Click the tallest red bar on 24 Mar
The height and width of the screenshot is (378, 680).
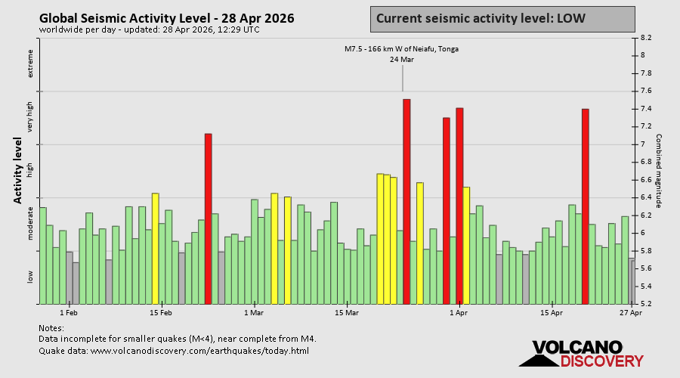[x=406, y=201]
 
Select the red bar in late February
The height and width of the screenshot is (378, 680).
[x=209, y=218]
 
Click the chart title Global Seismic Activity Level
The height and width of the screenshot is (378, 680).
[x=166, y=18]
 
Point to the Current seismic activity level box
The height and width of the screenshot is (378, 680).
[x=502, y=19]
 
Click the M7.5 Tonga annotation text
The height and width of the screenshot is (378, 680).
[x=401, y=49]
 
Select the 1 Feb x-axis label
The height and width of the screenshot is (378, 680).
[x=69, y=312]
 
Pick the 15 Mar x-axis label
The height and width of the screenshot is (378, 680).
[x=346, y=312]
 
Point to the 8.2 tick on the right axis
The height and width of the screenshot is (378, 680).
[x=647, y=37]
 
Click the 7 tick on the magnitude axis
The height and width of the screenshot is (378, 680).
[x=643, y=144]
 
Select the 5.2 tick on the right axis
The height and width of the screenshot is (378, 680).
[x=647, y=304]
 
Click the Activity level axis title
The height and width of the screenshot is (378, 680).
[x=17, y=170]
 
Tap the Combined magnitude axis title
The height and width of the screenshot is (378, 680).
[x=658, y=171]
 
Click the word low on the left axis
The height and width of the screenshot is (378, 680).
[x=31, y=277]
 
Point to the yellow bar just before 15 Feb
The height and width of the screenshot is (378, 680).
[x=155, y=248]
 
